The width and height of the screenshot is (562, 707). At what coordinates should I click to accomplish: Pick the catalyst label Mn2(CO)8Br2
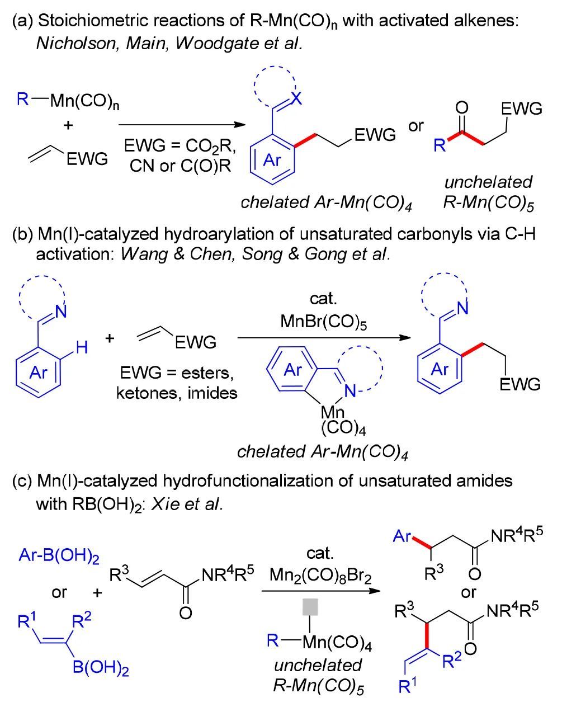(320, 574)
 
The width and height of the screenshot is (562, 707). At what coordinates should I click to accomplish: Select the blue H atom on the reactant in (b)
(82, 348)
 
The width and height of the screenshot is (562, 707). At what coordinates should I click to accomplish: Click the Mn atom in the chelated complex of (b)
(334, 412)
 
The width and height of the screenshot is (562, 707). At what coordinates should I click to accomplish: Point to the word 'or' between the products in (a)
(416, 126)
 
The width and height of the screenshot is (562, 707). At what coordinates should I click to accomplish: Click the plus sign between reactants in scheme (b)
(110, 338)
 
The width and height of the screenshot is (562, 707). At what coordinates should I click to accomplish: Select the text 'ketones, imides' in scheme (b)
(176, 393)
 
